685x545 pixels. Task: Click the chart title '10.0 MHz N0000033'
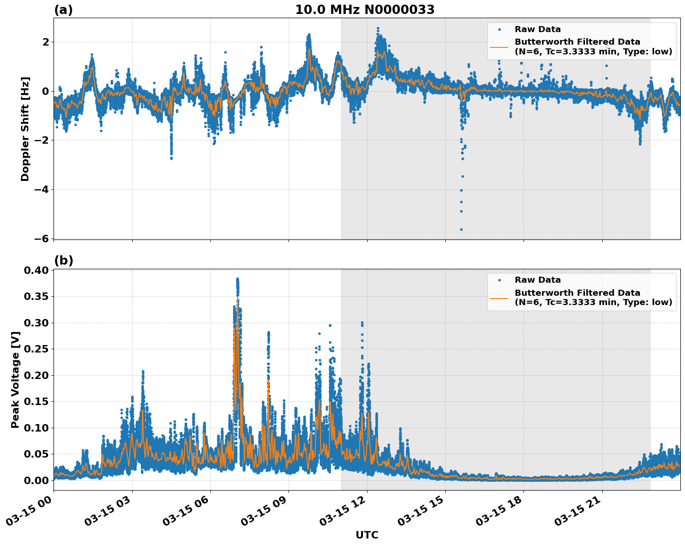point(364,10)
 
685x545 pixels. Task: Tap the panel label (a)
point(63,10)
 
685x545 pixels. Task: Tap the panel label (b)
point(63,260)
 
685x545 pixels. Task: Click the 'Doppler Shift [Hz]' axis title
point(25,129)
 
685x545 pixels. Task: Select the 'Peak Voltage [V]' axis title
point(15,379)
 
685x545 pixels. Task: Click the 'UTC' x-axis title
point(367,535)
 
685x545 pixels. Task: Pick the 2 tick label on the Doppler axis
point(46,42)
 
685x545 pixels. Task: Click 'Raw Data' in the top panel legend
point(537,29)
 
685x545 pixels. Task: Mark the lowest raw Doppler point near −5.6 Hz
point(461,229)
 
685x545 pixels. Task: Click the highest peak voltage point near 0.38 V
point(237,279)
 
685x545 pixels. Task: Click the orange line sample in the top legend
point(499,47)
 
